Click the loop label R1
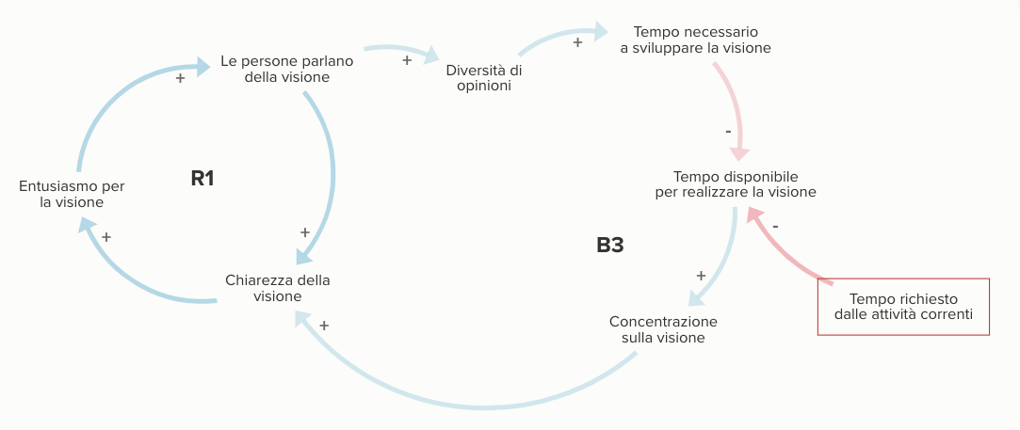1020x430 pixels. click(x=202, y=177)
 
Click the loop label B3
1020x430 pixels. click(x=610, y=246)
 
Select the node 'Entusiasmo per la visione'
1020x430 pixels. click(x=72, y=194)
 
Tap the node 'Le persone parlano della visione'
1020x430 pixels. click(x=286, y=69)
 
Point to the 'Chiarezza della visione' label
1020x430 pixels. click(x=278, y=288)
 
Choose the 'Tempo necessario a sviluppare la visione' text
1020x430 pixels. click(x=695, y=40)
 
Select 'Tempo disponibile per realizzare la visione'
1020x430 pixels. click(x=735, y=183)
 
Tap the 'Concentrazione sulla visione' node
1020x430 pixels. click(x=663, y=328)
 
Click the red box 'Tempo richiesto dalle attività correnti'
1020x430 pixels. click(x=903, y=307)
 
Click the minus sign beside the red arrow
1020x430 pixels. click(x=775, y=227)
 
